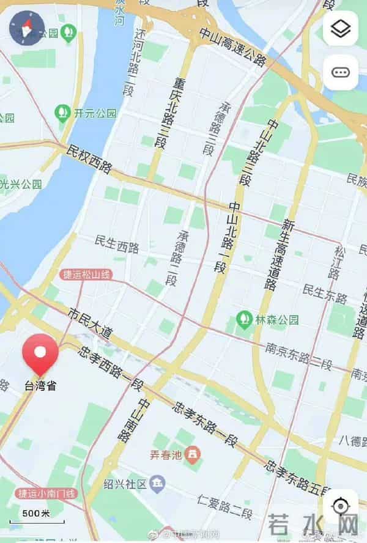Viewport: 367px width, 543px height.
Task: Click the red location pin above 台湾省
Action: coord(40,353)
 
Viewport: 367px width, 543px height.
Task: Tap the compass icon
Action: coord(27,28)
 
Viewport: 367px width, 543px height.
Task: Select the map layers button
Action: coord(340,28)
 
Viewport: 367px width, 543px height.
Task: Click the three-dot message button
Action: coord(340,72)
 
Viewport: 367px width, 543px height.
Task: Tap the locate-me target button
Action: coord(340,507)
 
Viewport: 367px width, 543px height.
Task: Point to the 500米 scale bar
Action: coord(37,515)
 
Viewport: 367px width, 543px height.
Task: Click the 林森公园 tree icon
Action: coord(245,319)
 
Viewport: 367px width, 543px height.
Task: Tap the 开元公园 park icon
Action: coord(62,113)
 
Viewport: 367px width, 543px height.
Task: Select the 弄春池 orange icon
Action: coord(193,454)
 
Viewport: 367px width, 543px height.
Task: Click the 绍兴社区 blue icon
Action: coord(158,485)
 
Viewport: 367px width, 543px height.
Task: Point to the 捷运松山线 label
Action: coord(86,275)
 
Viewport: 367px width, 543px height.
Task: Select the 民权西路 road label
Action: coord(89,158)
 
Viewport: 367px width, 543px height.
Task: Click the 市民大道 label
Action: coord(91,324)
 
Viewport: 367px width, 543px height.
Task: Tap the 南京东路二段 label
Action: coord(298,356)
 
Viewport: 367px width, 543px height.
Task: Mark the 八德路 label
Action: coord(352,439)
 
